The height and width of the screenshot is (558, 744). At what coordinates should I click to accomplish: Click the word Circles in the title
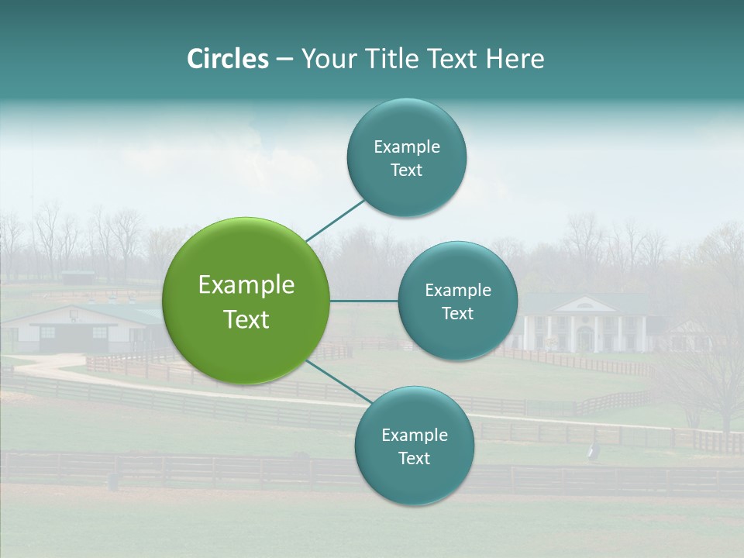pos(227,59)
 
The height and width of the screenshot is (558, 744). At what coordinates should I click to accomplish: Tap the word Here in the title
pos(515,59)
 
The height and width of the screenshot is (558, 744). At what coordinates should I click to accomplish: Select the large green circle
pos(246,301)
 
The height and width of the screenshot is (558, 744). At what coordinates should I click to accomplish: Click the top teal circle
pos(406,158)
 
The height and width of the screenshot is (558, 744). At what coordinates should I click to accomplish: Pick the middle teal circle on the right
pos(457,301)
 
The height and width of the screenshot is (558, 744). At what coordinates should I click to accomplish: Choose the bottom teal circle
pos(414,446)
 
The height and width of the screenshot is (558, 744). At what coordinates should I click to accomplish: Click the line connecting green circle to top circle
pos(336,220)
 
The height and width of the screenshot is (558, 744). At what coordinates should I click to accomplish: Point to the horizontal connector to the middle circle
pos(364,301)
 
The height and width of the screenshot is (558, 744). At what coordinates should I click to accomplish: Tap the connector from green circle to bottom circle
pos(339,382)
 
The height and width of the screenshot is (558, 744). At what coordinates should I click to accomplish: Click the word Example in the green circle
pos(246,285)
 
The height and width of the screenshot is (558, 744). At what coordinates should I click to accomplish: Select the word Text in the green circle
pos(246,319)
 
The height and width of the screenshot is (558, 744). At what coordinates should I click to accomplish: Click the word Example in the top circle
pos(406,147)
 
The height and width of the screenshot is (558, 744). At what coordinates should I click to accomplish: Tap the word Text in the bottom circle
pos(414,458)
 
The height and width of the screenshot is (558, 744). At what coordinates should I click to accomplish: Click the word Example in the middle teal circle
pos(457,291)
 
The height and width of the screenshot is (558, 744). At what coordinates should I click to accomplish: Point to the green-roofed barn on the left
pos(85,325)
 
